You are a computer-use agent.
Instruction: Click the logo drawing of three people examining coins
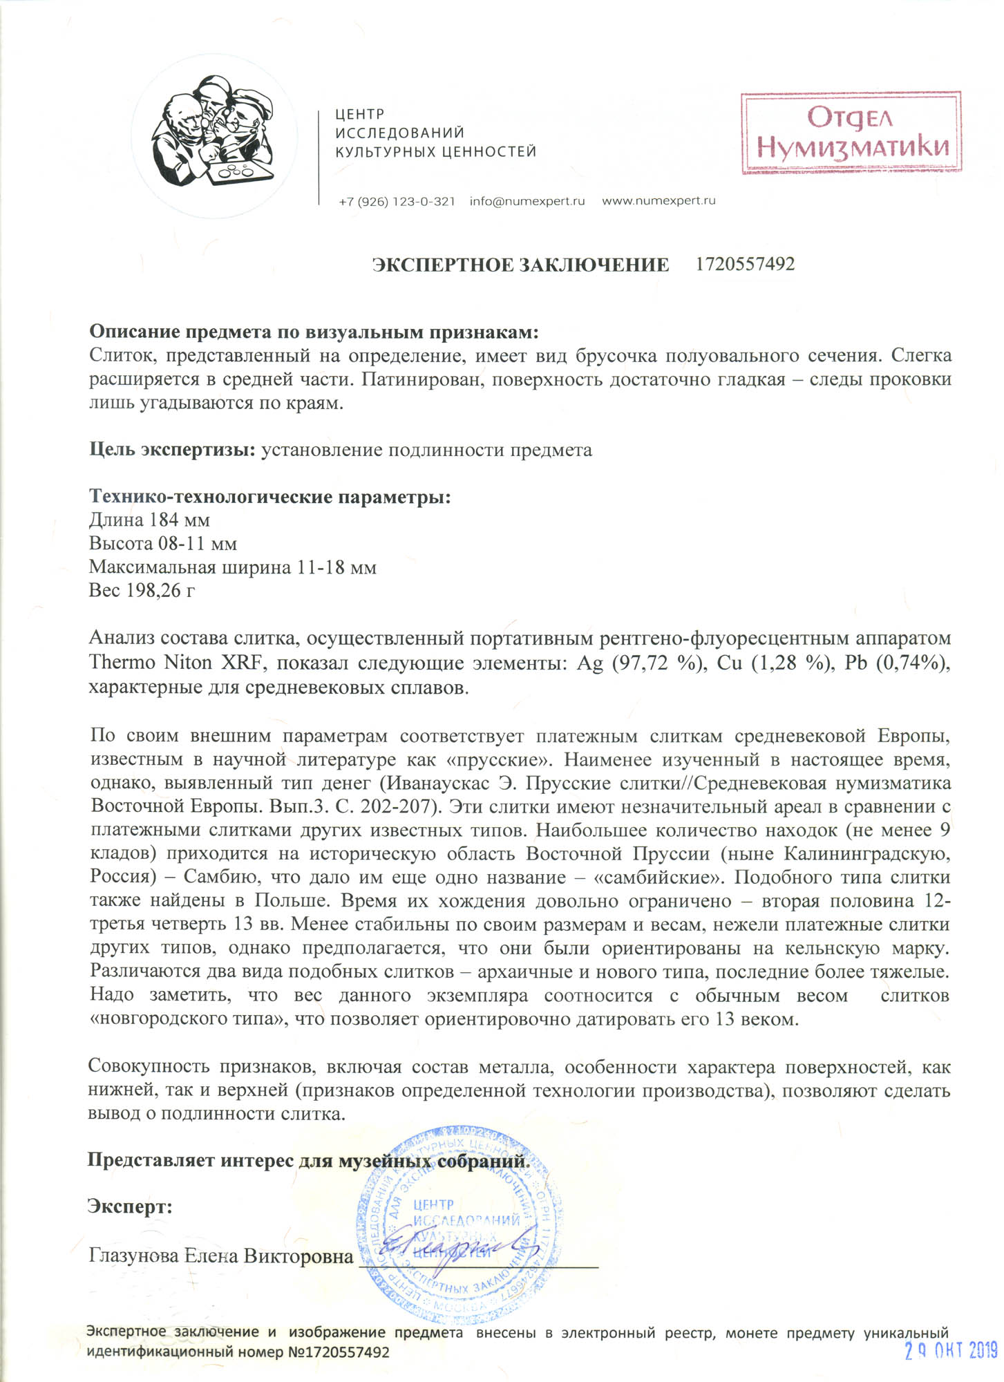(x=214, y=138)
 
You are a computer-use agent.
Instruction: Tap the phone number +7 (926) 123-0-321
(x=397, y=201)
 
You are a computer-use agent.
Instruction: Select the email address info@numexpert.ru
(x=527, y=201)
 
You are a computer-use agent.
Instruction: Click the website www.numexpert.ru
(x=659, y=201)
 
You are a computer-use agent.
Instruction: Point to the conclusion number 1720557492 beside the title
(x=745, y=264)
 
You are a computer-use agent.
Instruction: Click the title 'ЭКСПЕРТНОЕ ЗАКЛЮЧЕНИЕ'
(x=520, y=265)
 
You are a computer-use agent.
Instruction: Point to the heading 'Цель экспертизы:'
(x=173, y=450)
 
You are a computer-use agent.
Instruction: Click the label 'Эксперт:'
(x=130, y=1206)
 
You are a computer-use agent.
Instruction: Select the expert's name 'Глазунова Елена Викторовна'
(x=221, y=1256)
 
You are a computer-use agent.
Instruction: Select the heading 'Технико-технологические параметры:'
(x=269, y=496)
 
